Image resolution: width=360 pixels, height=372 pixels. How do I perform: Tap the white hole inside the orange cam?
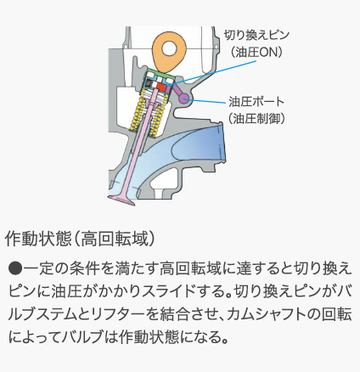(x=170, y=48)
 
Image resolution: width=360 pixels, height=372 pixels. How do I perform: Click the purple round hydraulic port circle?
(x=184, y=99)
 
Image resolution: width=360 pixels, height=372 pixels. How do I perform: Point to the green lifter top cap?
(x=160, y=72)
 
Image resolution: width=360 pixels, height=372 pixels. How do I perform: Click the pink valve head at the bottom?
(x=121, y=200)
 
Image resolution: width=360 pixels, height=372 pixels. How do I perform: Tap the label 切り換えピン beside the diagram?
(x=256, y=36)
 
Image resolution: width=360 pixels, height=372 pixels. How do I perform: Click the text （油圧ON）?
(x=256, y=53)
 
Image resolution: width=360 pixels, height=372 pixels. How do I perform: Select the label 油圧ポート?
(x=256, y=101)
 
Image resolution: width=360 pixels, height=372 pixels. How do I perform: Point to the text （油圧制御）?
(x=256, y=118)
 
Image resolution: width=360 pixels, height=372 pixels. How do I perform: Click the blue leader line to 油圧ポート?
(x=207, y=99)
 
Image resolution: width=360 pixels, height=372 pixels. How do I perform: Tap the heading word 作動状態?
(x=37, y=240)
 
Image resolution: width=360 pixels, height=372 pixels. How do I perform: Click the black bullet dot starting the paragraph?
(x=15, y=268)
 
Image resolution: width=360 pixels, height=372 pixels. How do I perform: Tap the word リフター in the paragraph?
(x=116, y=314)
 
